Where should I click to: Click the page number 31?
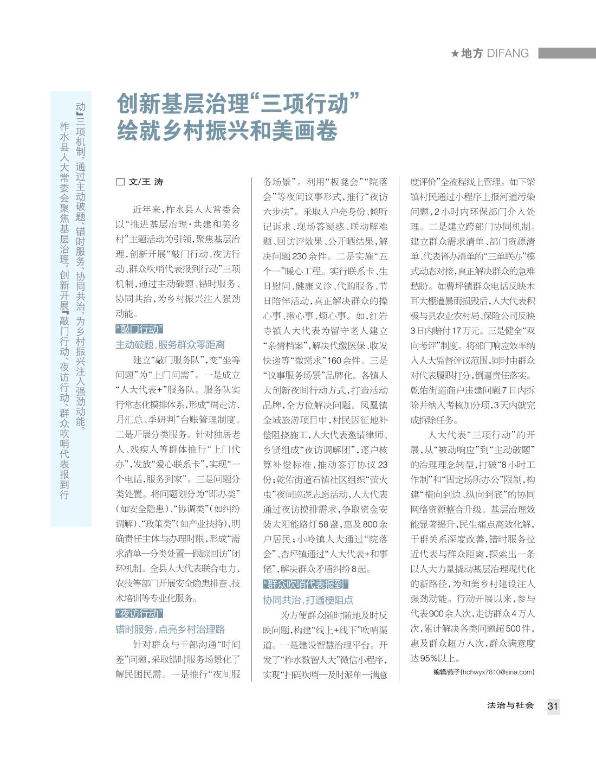(553, 706)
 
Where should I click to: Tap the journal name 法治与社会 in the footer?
(510, 705)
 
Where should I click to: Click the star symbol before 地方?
(455, 53)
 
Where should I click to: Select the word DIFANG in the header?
(508, 53)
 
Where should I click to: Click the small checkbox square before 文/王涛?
(120, 182)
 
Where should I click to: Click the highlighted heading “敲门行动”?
(139, 329)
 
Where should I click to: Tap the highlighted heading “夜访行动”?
(139, 613)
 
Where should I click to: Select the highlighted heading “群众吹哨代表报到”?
(306, 584)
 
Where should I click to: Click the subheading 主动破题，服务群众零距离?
(170, 344)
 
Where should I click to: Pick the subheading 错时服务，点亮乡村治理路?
(170, 629)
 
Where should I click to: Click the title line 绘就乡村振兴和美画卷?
(227, 130)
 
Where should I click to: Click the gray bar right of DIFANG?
(567, 53)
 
